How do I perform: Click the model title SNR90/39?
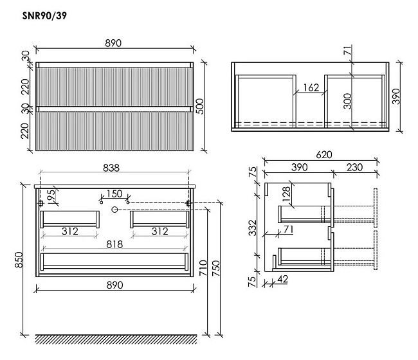pos(44,15)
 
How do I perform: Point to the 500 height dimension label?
pos(200,106)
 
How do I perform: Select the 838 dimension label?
pos(111,168)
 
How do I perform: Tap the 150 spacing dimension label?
pos(114,194)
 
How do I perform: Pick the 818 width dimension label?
pos(114,244)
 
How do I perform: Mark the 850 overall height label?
pos(19,260)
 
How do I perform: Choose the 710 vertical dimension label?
pos(203,268)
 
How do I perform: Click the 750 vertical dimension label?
pos(215,268)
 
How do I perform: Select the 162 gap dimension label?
pos(311,87)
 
